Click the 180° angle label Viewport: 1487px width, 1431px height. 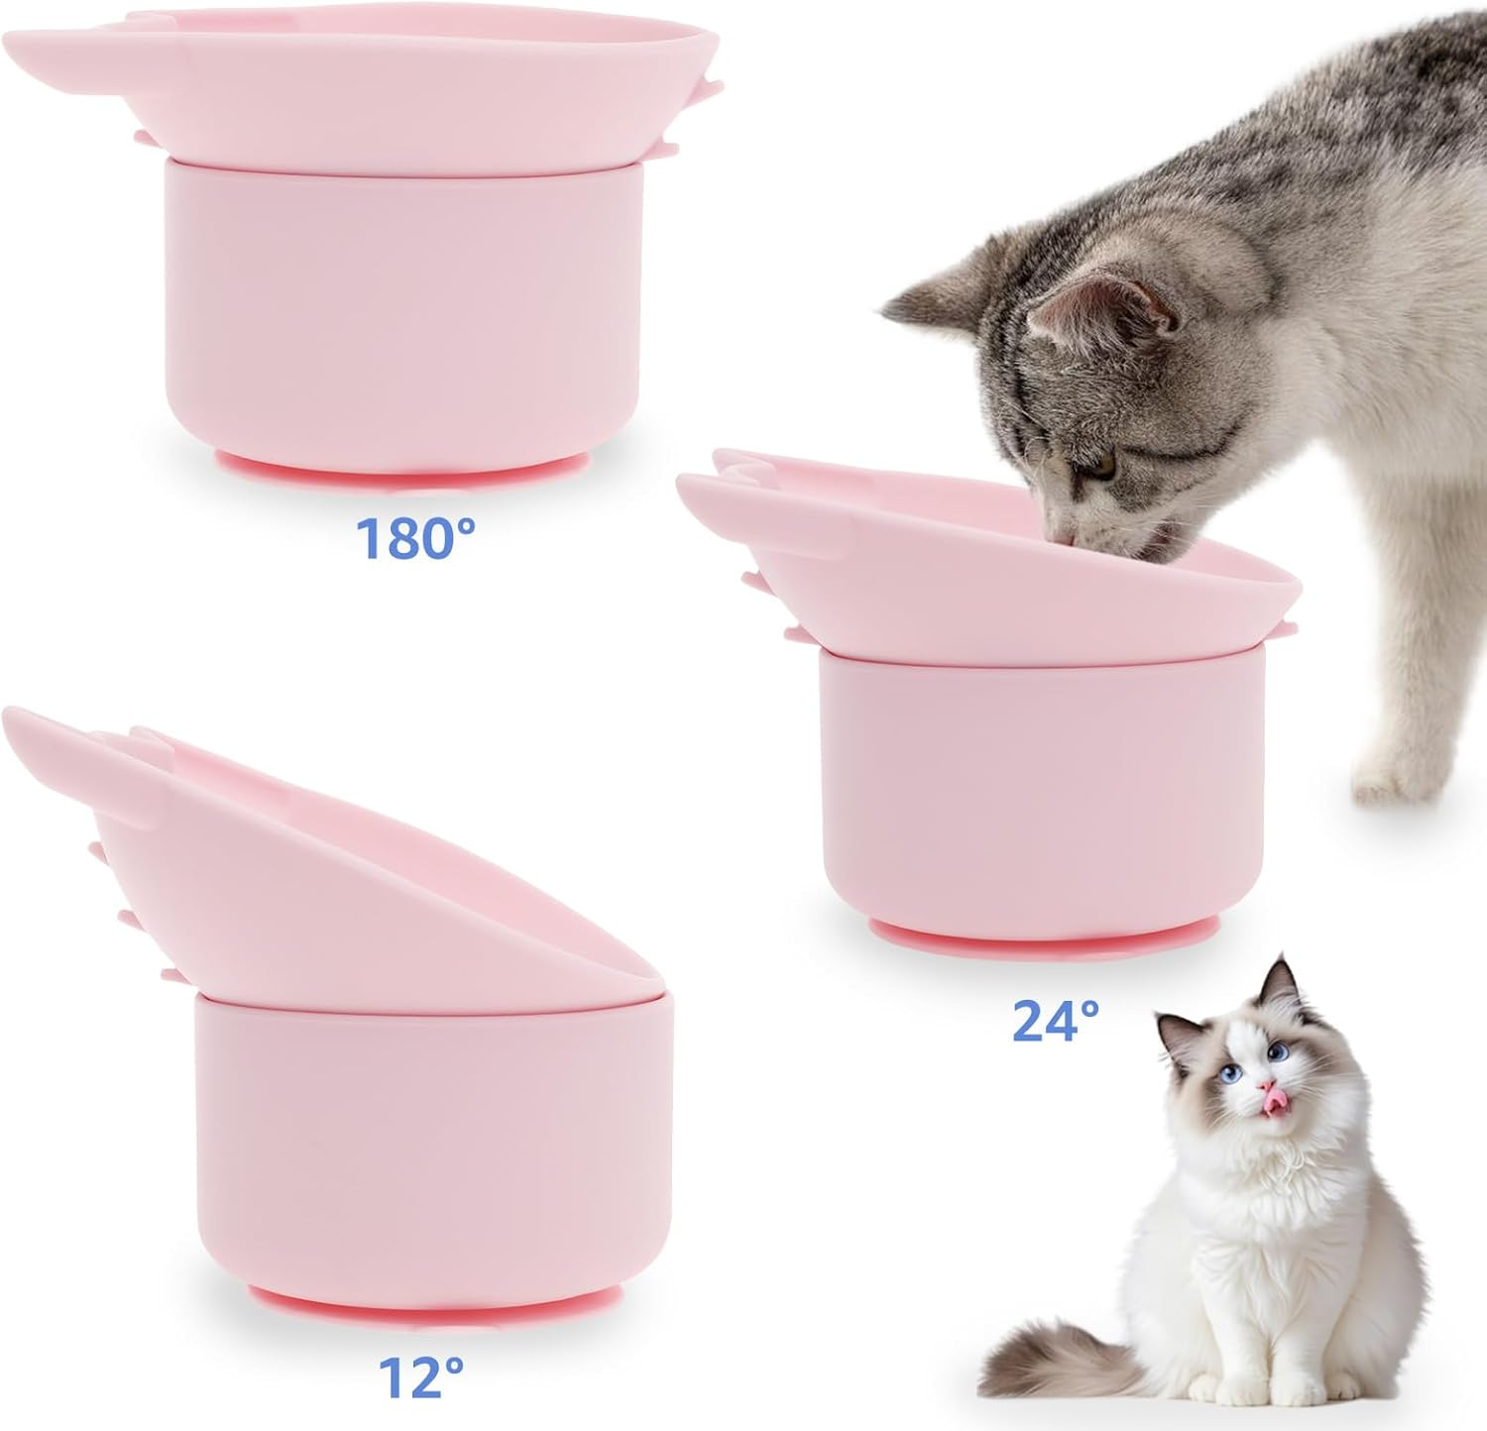(x=415, y=538)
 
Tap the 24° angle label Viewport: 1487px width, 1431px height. (x=1056, y=1021)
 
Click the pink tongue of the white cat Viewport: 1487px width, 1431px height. (x=1268, y=1093)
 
